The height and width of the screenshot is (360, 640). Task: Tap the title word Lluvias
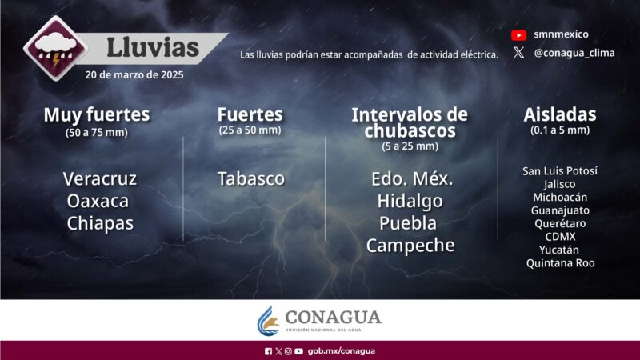tap(152, 47)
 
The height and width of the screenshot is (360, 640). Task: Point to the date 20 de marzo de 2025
tap(134, 75)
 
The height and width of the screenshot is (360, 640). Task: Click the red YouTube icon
tap(518, 35)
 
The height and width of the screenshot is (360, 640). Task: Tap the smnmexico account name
tap(560, 35)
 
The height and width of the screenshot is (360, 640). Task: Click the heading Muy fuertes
tap(96, 114)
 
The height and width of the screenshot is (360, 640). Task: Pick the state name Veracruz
tap(100, 178)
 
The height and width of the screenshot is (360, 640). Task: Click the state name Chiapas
tap(100, 223)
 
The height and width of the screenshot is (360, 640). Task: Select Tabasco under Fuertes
tap(250, 178)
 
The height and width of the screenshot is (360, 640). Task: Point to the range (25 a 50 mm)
tap(250, 130)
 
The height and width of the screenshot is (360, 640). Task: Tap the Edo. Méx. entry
tap(410, 178)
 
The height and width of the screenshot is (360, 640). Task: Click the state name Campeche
tap(410, 246)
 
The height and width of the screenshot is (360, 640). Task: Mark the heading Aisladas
tap(560, 114)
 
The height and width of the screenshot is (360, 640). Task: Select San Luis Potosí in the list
tap(560, 171)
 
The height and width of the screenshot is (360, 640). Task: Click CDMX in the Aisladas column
tap(560, 236)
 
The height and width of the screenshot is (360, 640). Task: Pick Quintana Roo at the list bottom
tap(560, 262)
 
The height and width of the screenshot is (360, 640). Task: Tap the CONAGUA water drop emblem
tap(269, 321)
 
